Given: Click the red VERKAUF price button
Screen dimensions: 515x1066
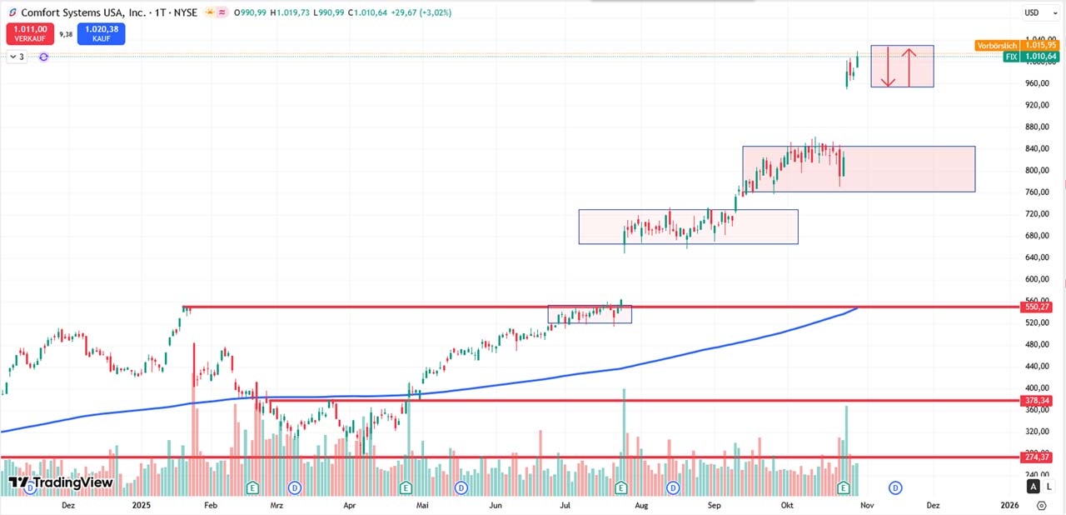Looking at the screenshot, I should click(x=29, y=33).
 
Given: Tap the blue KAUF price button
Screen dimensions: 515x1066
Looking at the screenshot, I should click(x=102, y=33).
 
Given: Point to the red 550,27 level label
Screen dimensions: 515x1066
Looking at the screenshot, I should click(x=1038, y=307).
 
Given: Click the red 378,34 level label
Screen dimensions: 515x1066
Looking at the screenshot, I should click(x=1038, y=401).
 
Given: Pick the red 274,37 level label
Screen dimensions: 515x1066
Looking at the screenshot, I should click(x=1038, y=457).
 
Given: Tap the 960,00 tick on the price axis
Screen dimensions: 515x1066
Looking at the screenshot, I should click(x=1036, y=83).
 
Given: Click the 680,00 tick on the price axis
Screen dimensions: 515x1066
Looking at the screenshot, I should click(x=1036, y=236).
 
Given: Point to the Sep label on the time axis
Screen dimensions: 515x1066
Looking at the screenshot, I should click(x=714, y=505).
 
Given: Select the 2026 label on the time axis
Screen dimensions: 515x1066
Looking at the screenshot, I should click(x=1009, y=505).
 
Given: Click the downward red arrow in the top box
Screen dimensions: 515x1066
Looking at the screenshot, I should click(x=889, y=67).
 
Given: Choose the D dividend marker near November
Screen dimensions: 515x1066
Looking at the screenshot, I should click(x=895, y=487).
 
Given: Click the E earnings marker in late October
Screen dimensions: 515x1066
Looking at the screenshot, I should click(x=843, y=487).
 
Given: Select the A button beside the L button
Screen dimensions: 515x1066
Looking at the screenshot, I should click(x=1034, y=487).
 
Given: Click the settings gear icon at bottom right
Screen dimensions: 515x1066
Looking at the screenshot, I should click(x=1042, y=505).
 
